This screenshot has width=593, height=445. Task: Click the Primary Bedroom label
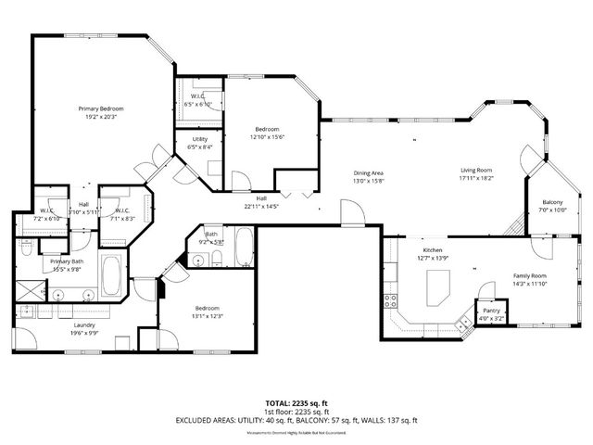point(100,108)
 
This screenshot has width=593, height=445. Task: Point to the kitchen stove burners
point(391,301)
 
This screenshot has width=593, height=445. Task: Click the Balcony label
point(552,202)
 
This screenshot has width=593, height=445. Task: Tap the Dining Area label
point(368,173)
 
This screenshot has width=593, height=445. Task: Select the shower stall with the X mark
point(29,289)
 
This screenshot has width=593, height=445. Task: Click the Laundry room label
point(85,325)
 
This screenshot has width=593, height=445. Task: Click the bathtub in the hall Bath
point(243,248)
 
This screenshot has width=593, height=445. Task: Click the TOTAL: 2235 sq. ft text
point(296,403)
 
